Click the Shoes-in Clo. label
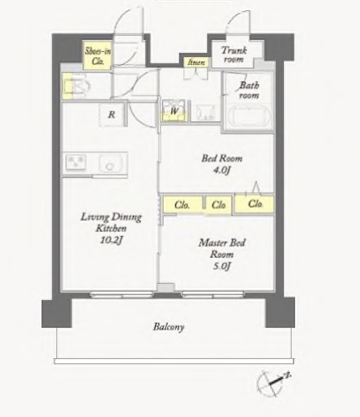tap(98, 56)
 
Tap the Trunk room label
tap(234, 55)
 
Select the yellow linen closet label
tap(196, 62)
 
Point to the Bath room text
tap(249, 90)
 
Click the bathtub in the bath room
tap(250, 118)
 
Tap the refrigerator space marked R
tap(112, 114)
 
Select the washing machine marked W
tap(174, 111)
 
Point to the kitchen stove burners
tap(75, 162)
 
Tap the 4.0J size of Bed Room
tap(222, 170)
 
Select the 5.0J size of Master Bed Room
tap(222, 266)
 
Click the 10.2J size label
tap(111, 240)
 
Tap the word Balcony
tap(169, 327)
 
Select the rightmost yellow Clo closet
tap(254, 204)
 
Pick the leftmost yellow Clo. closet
tap(183, 205)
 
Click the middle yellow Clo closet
tap(218, 205)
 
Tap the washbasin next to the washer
tap(205, 112)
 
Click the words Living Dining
tap(111, 217)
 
